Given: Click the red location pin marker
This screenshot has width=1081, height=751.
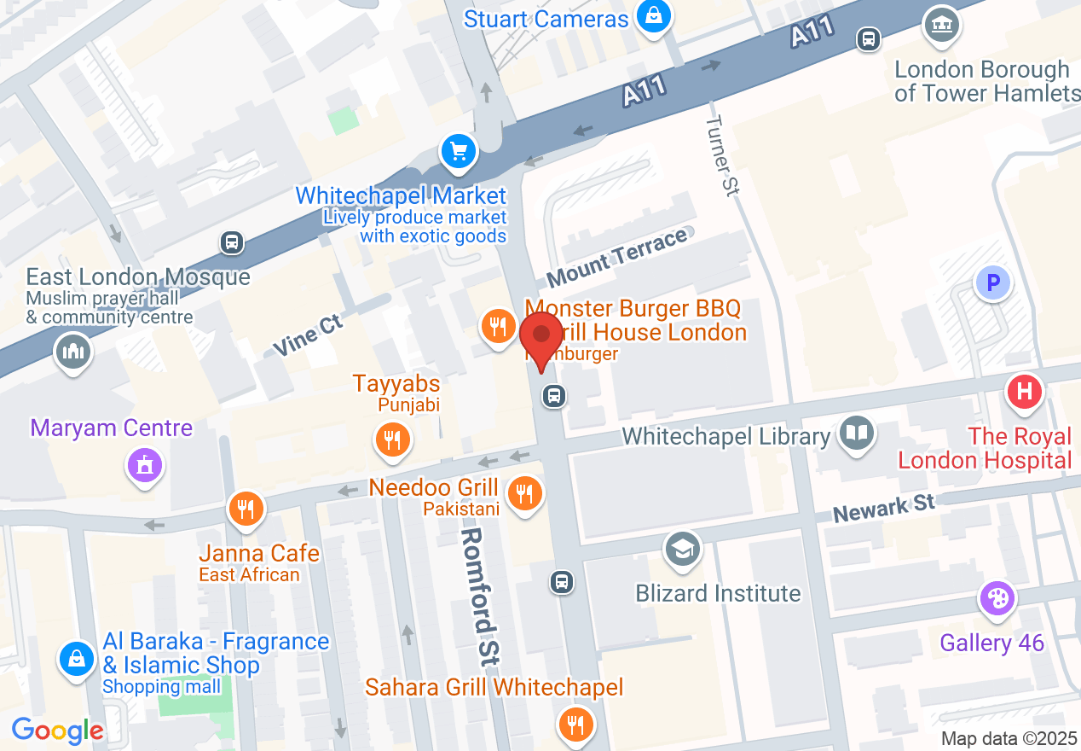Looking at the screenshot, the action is [x=540, y=339].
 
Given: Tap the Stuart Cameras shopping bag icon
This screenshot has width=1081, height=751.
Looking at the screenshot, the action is [x=653, y=17].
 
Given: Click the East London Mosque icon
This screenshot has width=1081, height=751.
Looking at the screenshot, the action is [x=72, y=352].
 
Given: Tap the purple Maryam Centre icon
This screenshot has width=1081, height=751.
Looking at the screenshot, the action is [x=144, y=466].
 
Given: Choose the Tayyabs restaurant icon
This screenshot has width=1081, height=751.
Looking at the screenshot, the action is [x=392, y=440].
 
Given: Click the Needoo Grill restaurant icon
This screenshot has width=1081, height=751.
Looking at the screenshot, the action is [x=525, y=493].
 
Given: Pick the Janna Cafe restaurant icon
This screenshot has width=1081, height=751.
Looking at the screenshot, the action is [x=246, y=509].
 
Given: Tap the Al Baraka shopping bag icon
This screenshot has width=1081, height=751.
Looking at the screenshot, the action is [x=77, y=659].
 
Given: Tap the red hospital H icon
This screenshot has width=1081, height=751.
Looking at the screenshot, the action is [x=1024, y=393].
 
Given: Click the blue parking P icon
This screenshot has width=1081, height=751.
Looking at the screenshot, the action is [x=992, y=282].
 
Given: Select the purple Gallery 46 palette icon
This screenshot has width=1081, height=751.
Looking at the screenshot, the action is [x=997, y=598].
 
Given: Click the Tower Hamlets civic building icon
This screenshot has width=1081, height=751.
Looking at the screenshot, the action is [x=941, y=26].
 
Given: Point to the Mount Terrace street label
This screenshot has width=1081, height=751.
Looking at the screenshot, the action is [x=616, y=258].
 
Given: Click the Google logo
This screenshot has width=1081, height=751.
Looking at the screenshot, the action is [x=57, y=731].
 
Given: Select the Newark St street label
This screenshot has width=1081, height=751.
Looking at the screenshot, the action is [x=884, y=509].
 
